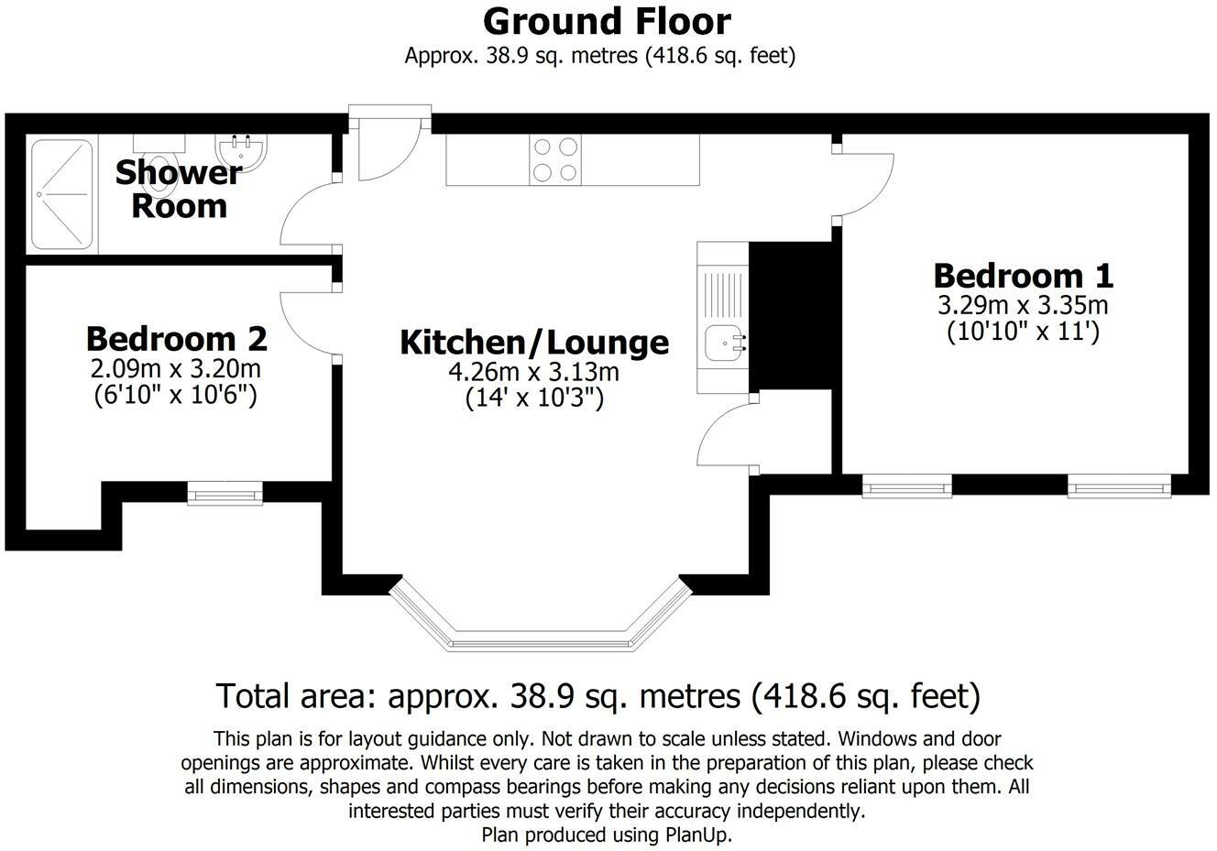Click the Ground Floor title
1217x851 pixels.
coord(607,21)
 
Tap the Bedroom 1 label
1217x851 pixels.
coord(1023,275)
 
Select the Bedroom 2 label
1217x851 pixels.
coord(176,339)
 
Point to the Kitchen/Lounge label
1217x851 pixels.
coord(534,343)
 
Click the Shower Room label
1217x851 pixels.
coord(179,189)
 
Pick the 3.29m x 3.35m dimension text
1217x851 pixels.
coord(1023,304)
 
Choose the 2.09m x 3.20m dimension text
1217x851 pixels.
coord(176,368)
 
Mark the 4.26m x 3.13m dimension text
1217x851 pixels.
coord(534,372)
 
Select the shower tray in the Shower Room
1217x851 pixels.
coord(61,194)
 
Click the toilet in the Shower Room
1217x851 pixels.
coord(161,165)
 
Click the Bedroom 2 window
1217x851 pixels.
coord(225,495)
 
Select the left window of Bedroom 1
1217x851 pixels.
coord(906,486)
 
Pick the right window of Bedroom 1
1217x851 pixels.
coord(1119,486)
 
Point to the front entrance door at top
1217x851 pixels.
coord(388,147)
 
